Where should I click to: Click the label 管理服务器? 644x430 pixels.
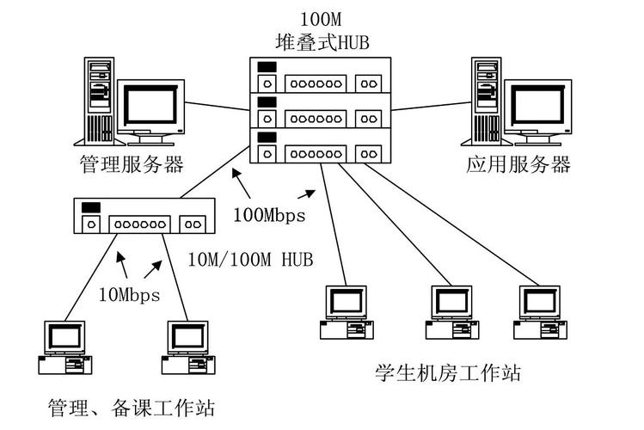[x=132, y=164]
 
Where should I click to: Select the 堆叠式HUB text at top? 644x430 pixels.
[x=322, y=41]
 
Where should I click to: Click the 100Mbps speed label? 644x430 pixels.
[x=269, y=215]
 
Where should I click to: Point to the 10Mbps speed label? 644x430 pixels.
[x=128, y=295]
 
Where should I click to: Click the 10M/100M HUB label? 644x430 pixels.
[x=249, y=258]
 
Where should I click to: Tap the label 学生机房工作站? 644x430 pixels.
[x=447, y=373]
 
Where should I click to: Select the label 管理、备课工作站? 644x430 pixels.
[x=131, y=407]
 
